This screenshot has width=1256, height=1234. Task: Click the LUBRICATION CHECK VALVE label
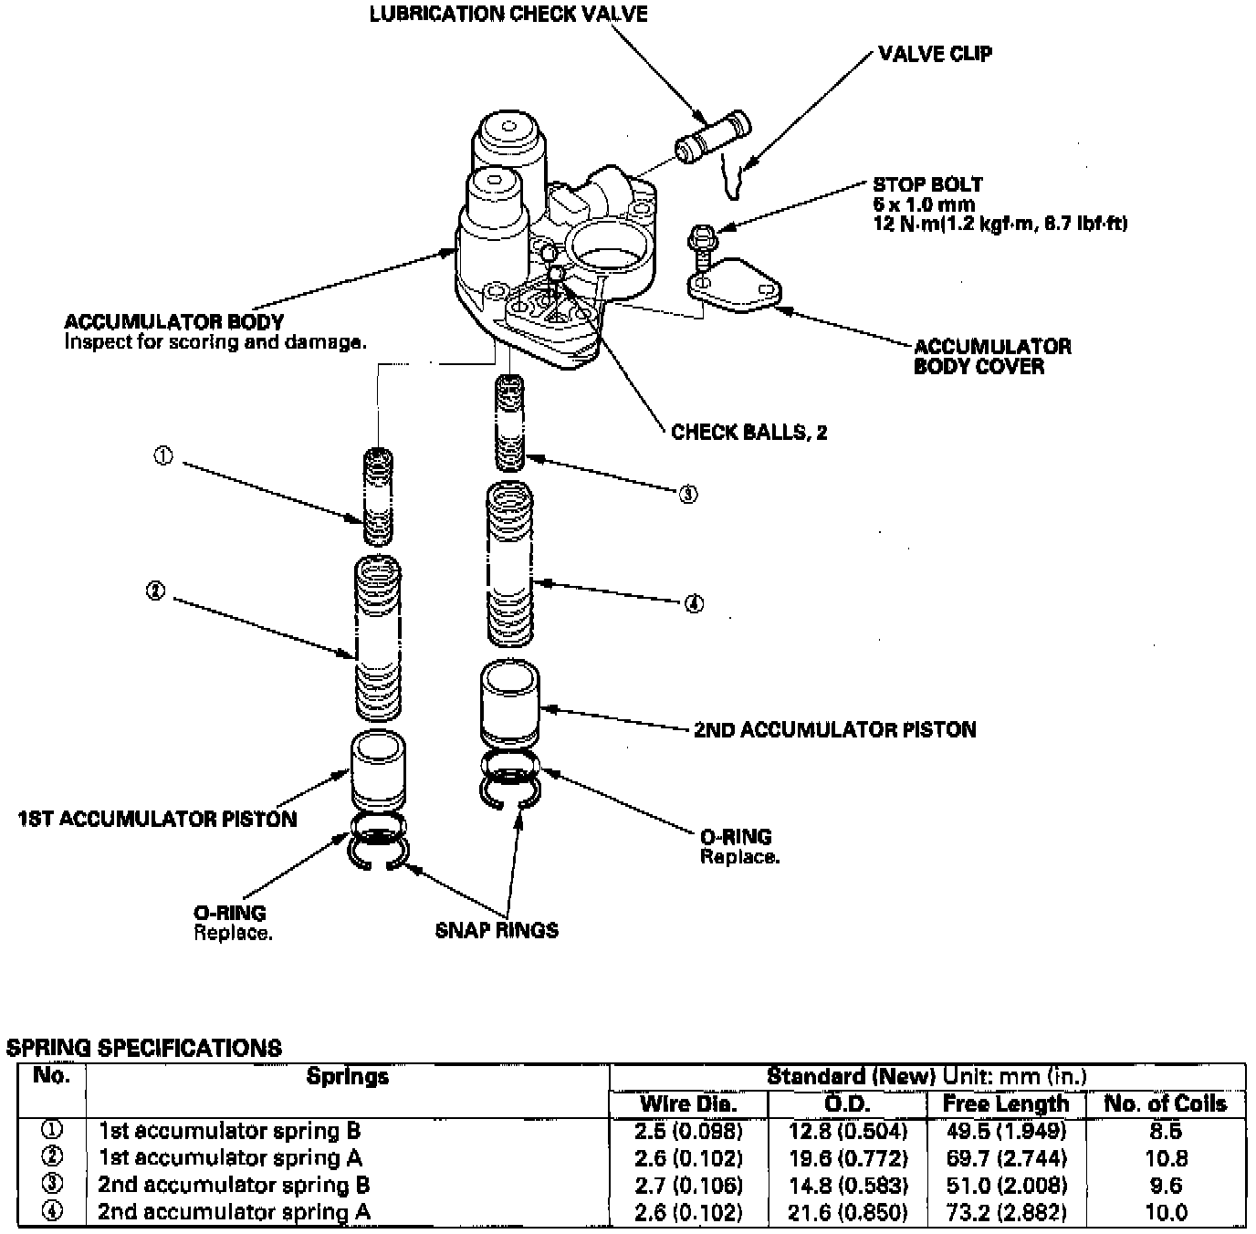(x=508, y=14)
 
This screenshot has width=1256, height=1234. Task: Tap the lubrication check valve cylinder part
(x=711, y=136)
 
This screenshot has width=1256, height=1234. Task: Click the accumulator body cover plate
(x=735, y=285)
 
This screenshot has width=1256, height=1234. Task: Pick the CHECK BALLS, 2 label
(x=748, y=432)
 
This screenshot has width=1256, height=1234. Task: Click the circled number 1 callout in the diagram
(x=163, y=456)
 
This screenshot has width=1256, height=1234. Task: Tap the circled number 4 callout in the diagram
(x=694, y=603)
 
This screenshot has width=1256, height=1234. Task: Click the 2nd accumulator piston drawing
(x=509, y=704)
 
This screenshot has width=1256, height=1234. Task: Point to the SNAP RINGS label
(x=497, y=930)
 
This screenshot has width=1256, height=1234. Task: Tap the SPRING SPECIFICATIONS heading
(x=144, y=1047)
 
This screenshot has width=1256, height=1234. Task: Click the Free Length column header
(x=1005, y=1103)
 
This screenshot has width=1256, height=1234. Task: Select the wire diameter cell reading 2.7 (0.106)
(x=688, y=1185)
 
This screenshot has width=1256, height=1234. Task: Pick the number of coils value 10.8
(x=1166, y=1157)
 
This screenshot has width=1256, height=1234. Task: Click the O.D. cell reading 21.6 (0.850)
(x=848, y=1212)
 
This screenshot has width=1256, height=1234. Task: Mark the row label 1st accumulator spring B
(x=230, y=1131)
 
